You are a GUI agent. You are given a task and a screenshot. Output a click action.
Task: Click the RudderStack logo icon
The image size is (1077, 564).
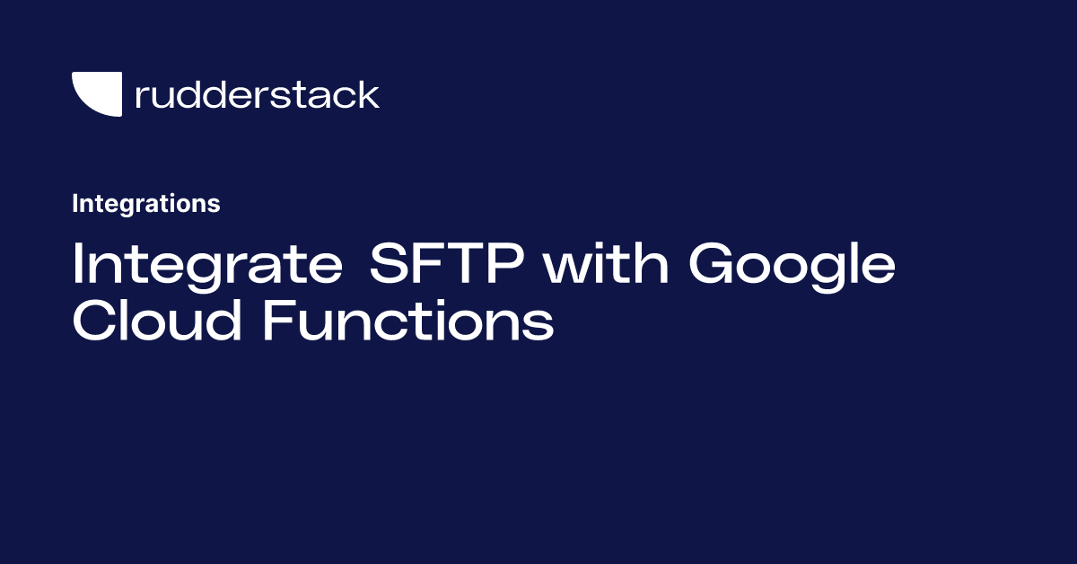[x=97, y=94]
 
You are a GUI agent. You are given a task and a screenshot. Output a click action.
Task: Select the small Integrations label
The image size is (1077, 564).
[x=145, y=204]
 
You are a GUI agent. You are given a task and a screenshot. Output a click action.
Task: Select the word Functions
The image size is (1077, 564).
[x=407, y=322]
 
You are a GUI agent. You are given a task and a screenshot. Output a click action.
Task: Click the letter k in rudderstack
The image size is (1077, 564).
[x=369, y=94]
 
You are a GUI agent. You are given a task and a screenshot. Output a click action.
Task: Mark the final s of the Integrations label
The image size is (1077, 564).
[x=215, y=206]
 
